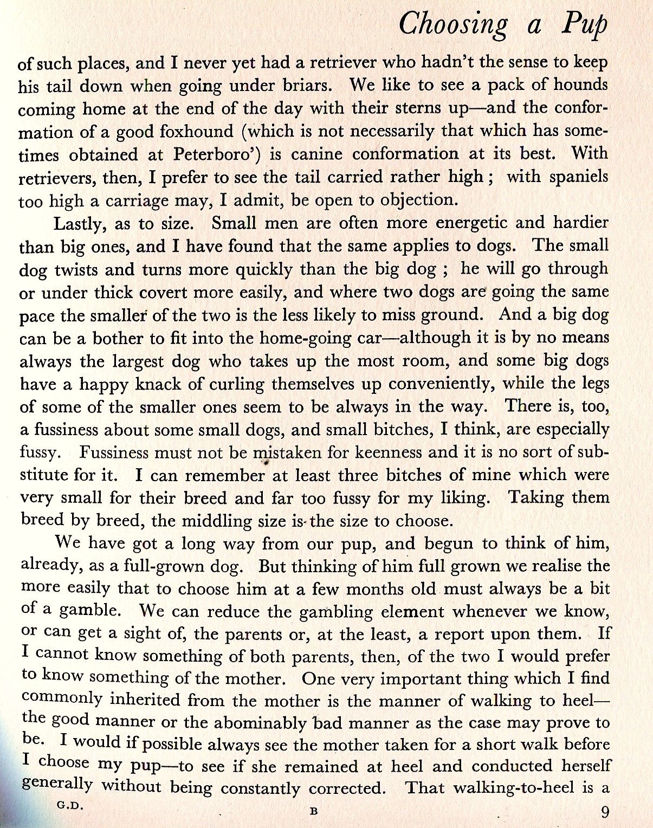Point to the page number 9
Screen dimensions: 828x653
[x=605, y=812]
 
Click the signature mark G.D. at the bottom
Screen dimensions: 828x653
[x=70, y=805]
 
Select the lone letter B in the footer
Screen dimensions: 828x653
[x=313, y=811]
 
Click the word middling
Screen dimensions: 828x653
[x=218, y=521]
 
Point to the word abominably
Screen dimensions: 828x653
[x=270, y=723]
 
